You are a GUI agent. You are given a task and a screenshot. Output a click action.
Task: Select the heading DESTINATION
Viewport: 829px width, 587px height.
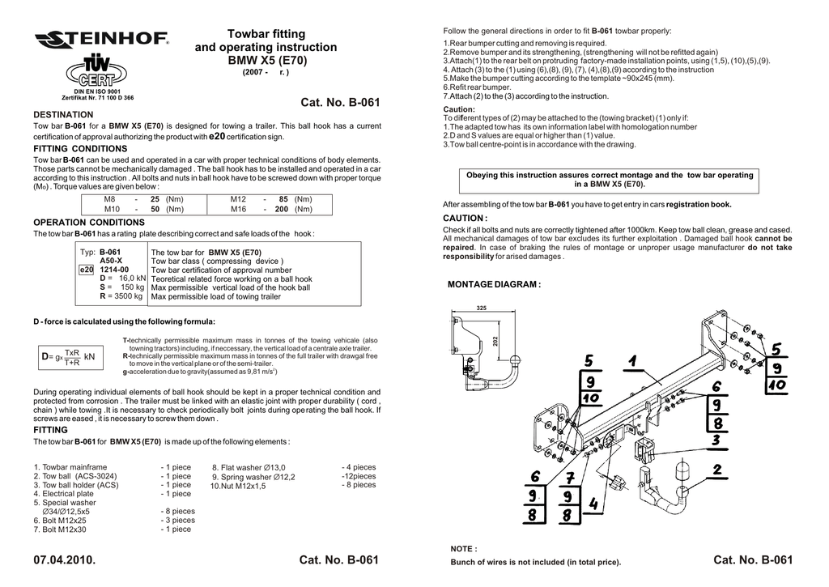(x=63, y=115)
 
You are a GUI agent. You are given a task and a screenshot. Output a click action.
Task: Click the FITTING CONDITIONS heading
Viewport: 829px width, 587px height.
(x=80, y=149)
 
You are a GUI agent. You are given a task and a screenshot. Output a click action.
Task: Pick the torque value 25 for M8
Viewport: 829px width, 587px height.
(x=155, y=198)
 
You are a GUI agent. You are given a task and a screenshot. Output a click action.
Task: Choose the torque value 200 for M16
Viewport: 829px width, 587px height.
(x=282, y=209)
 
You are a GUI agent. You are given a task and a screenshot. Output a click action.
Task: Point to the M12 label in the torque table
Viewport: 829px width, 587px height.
(x=238, y=198)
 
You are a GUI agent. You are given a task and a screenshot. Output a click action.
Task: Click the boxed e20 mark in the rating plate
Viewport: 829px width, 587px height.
(x=88, y=270)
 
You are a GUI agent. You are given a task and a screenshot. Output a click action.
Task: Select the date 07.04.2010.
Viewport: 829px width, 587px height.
(x=65, y=560)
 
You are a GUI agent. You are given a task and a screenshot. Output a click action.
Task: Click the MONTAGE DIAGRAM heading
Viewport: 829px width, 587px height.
(x=494, y=285)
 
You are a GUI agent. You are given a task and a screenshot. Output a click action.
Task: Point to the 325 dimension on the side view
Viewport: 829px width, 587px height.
(x=482, y=308)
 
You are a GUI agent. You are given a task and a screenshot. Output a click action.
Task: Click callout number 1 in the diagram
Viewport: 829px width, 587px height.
(x=631, y=360)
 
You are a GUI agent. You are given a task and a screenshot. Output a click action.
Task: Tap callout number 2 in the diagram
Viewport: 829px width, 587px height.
(x=717, y=469)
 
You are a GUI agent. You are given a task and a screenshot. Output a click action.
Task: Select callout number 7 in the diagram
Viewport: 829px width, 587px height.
(x=570, y=478)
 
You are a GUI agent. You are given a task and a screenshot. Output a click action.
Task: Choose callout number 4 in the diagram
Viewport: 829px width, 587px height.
(x=593, y=504)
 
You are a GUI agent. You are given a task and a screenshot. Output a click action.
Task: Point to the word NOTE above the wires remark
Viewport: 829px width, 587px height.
(x=463, y=549)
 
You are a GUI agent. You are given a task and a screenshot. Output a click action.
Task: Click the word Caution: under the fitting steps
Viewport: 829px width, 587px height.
(x=459, y=109)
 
